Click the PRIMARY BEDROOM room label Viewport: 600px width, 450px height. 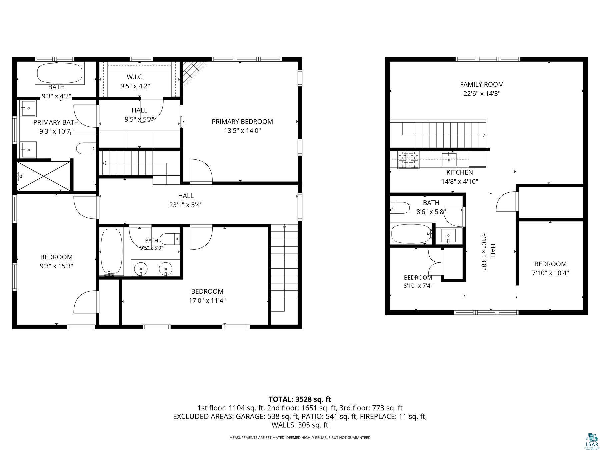click(242, 122)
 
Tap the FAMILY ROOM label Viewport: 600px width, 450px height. click(482, 85)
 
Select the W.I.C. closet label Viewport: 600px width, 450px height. click(135, 77)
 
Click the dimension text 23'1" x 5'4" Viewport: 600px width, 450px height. click(186, 205)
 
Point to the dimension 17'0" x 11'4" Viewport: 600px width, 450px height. click(207, 301)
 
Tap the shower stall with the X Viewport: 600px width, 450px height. click(44, 176)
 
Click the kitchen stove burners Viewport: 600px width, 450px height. click(408, 160)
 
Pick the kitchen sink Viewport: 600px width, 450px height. click(449, 159)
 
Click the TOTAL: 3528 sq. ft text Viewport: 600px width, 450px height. click(300, 399)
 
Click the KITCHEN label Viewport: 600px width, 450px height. click(460, 172)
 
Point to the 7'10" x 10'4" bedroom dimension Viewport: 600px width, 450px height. click(550, 273)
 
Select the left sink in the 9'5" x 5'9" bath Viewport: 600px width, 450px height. click(141, 268)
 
